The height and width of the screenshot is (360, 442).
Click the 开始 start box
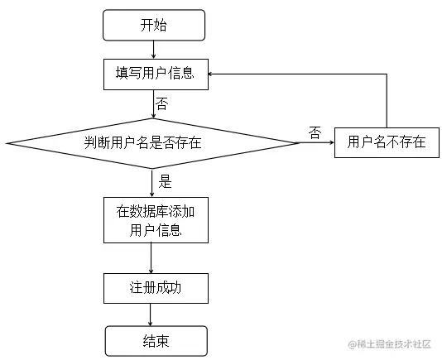(153, 25)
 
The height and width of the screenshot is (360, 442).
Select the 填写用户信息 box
(155, 74)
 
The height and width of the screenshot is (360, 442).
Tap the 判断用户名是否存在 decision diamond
(154, 142)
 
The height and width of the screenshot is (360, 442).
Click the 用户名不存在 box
(387, 142)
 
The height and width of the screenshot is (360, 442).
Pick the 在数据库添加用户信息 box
(155, 220)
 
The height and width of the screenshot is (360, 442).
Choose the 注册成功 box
(155, 288)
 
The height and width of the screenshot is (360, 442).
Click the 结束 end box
(155, 339)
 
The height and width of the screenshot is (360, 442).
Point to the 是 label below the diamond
(164, 181)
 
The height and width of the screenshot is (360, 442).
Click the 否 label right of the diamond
(315, 132)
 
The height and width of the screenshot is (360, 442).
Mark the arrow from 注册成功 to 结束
(151, 314)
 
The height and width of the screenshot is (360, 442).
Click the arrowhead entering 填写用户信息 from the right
(212, 74)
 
